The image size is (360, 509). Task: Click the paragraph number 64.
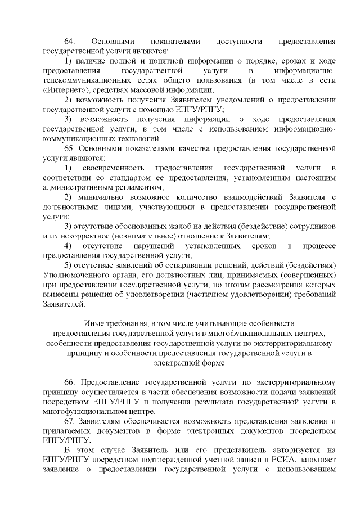69,42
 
